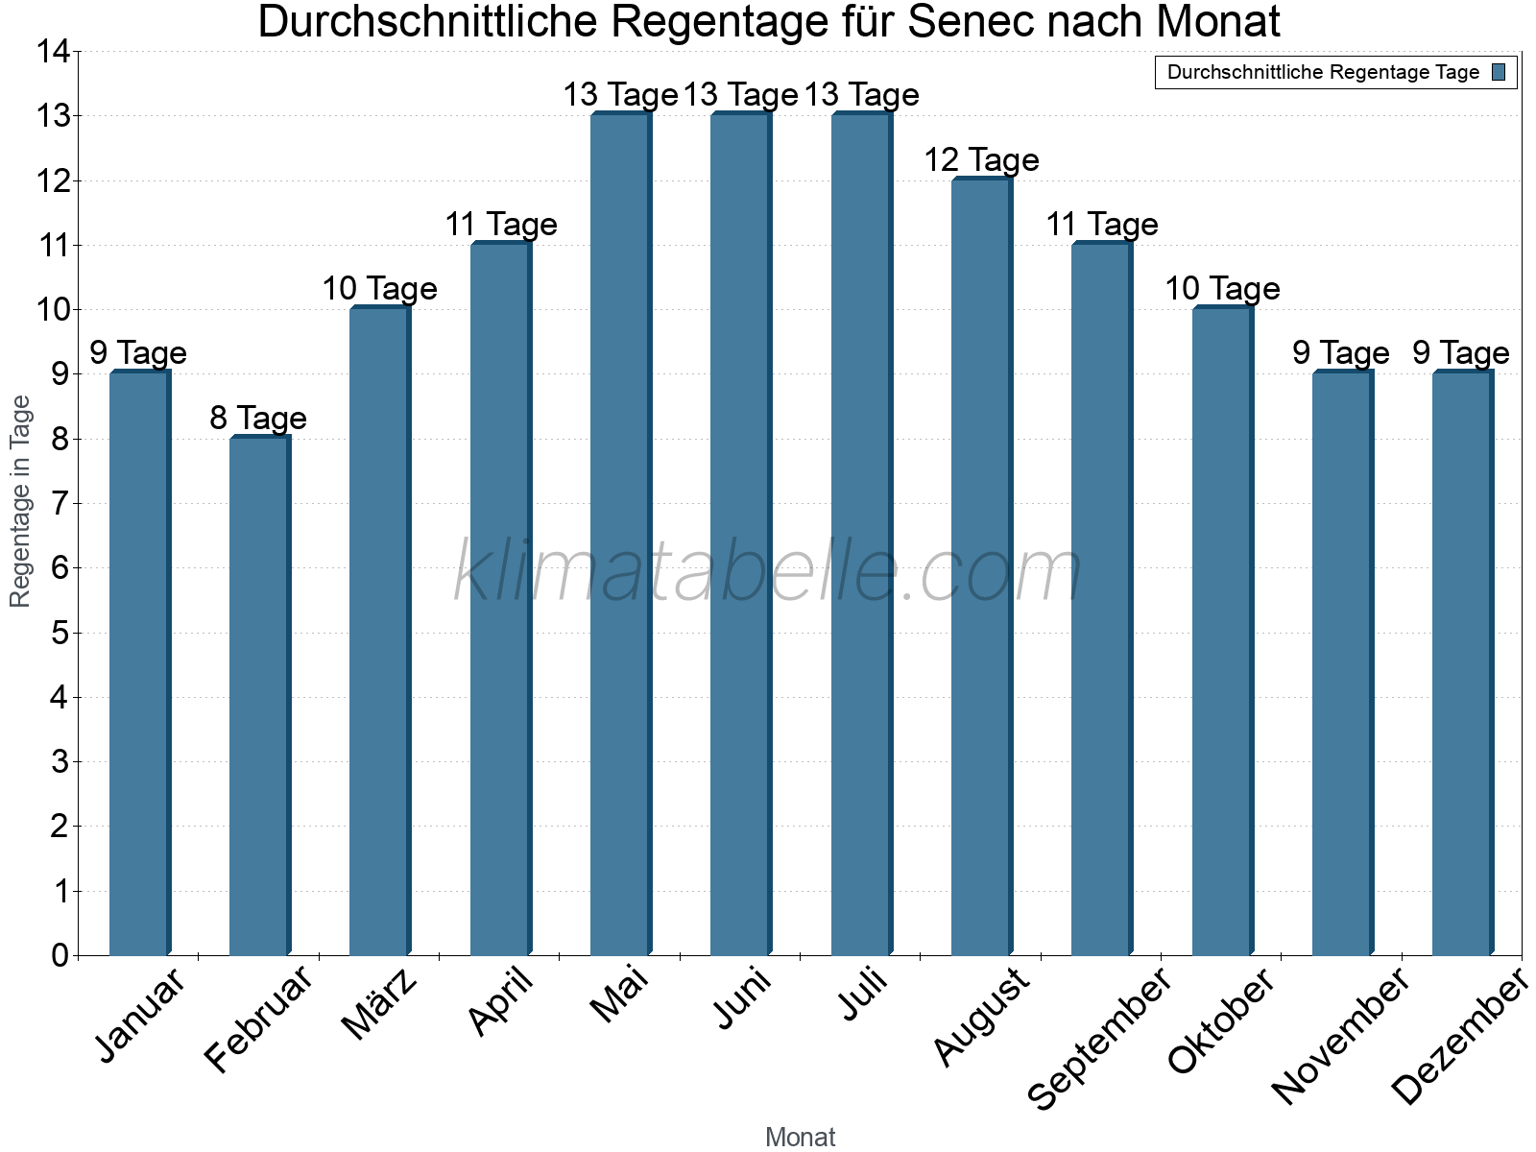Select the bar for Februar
point(259,696)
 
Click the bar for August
point(981,566)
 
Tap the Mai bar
point(620,534)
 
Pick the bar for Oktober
point(1222,631)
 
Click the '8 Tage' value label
point(258,418)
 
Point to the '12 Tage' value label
point(981,159)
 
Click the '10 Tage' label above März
point(379,288)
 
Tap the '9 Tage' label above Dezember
point(1461,352)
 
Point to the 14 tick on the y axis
point(53,52)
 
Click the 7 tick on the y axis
point(60,503)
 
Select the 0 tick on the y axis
point(60,955)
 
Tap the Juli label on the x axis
point(863,995)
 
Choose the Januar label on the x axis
point(140,1016)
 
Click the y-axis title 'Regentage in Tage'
point(20,501)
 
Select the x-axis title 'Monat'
point(800,1138)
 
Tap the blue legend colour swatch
point(1499,72)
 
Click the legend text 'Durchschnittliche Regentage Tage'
point(1323,72)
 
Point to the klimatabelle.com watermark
point(768,571)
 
